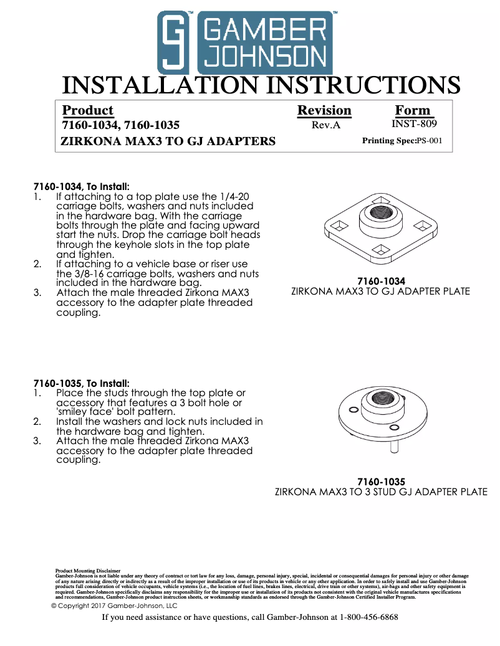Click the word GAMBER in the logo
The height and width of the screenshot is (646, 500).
coord(265,31)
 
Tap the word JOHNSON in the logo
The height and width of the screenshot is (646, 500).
coord(265,58)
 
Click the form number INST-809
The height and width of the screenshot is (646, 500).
coord(414,124)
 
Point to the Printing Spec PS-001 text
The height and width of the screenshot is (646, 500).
coord(402,141)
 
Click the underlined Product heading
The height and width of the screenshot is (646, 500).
coord(88,110)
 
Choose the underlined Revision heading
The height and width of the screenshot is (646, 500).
coord(324,110)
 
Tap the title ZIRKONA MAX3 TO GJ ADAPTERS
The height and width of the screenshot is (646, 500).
coord(168,141)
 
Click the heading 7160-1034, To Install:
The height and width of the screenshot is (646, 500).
coord(81,186)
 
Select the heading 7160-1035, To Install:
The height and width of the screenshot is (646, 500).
coord(81,383)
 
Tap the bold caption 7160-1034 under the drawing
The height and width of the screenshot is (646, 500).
coord(380,281)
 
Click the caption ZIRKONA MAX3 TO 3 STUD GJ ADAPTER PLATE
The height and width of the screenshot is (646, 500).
coord(381,492)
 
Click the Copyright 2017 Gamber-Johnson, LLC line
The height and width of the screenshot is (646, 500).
coord(114,606)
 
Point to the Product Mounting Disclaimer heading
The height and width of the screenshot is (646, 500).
coord(87,570)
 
